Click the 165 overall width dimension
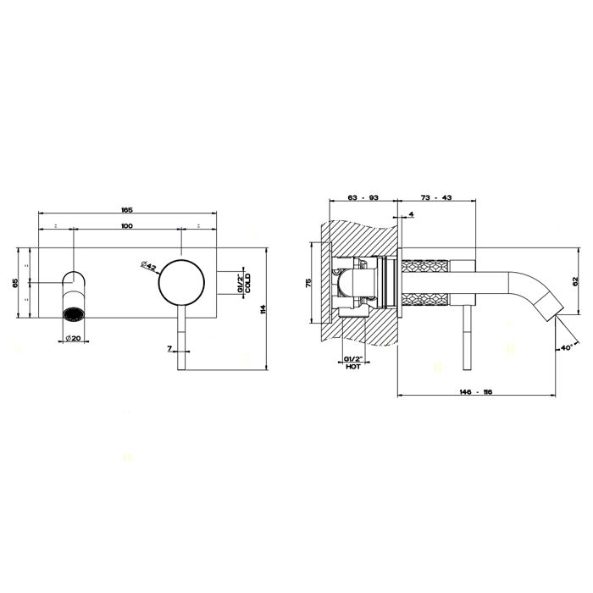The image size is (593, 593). (x=127, y=210)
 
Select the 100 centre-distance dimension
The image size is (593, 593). (x=127, y=226)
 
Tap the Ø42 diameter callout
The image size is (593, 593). (x=148, y=266)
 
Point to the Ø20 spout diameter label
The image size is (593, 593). (x=73, y=338)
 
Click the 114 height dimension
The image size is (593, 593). (x=263, y=309)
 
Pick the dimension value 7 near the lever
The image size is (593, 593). (x=169, y=349)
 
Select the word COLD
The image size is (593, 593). (x=247, y=283)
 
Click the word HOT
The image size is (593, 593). (x=353, y=367)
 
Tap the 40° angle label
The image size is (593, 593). (x=565, y=347)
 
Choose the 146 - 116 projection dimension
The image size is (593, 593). (x=476, y=392)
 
